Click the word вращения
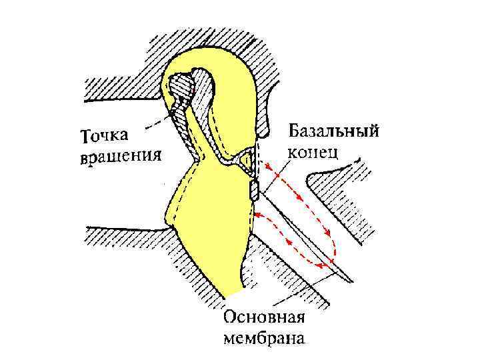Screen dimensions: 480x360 (x=121, y=157)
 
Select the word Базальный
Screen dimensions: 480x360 (x=333, y=131)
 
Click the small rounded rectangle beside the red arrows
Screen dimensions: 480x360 (x=253, y=191)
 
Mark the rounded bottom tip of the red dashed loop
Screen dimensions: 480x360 (x=331, y=256)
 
